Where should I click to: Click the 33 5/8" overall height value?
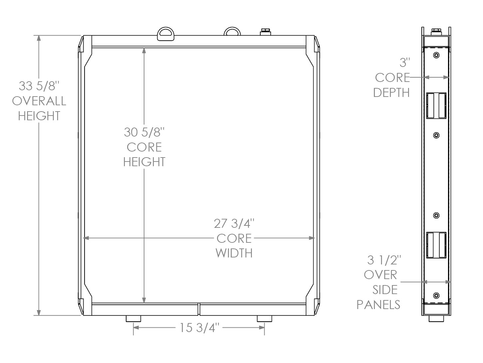(39, 86)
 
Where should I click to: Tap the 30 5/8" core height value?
(144, 132)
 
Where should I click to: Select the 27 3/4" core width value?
(234, 223)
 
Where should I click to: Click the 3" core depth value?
(405, 63)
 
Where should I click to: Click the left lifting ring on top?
(165, 33)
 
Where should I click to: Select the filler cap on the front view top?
(265, 32)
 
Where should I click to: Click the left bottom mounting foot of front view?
(133, 319)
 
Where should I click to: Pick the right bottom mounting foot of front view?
(264, 319)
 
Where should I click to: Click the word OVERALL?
(39, 101)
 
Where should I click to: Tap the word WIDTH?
(234, 253)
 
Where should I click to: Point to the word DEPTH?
(391, 93)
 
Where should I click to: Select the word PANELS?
(378, 304)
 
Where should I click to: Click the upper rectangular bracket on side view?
(436, 106)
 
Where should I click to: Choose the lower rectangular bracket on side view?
(436, 245)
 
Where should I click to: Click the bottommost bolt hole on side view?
(436, 295)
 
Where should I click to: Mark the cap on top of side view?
(436, 32)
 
